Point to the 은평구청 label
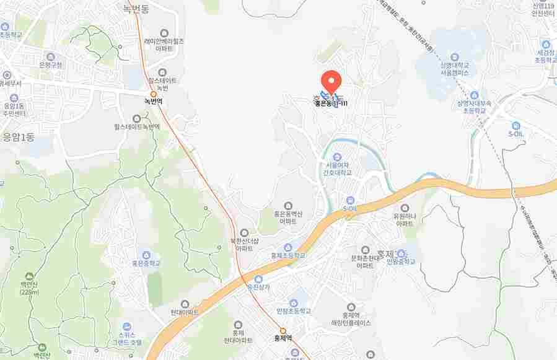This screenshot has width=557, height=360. pos(50,64)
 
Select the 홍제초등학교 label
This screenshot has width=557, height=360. pos(288,254)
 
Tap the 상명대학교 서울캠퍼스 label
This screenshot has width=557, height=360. pos(454,68)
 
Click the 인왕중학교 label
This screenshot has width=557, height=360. pos(401,261)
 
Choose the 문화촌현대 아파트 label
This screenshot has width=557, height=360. pos(365,261)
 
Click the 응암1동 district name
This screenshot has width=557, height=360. pos(19,138)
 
